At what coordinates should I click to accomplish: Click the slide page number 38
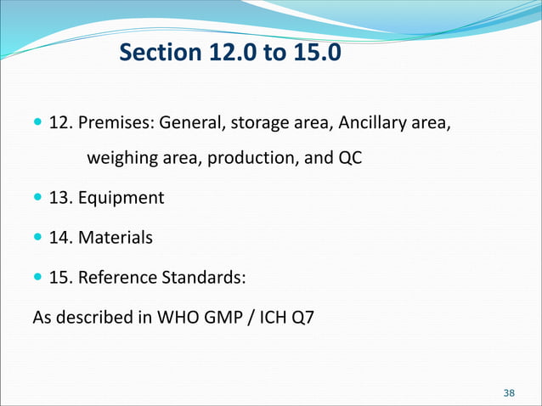pos(509,392)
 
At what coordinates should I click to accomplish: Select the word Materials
pos(116,238)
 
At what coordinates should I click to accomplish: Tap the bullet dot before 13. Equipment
pos(38,198)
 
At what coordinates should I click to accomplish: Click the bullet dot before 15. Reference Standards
pos(38,277)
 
